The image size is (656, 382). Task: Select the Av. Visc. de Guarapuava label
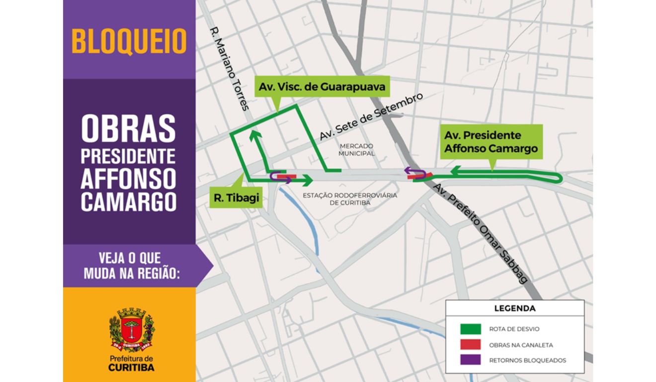[322, 87]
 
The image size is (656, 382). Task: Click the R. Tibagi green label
[237, 197]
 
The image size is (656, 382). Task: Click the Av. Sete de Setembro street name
[370, 117]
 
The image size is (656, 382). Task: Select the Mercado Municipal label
[356, 150]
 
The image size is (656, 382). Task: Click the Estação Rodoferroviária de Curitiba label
[350, 199]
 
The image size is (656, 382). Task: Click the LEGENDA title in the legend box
[514, 308]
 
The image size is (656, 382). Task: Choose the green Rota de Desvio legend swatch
[470, 329]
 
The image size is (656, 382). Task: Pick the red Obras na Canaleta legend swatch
[470, 344]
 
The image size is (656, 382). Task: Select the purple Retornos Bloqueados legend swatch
[470, 360]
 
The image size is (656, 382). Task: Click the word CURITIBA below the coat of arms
[131, 368]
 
